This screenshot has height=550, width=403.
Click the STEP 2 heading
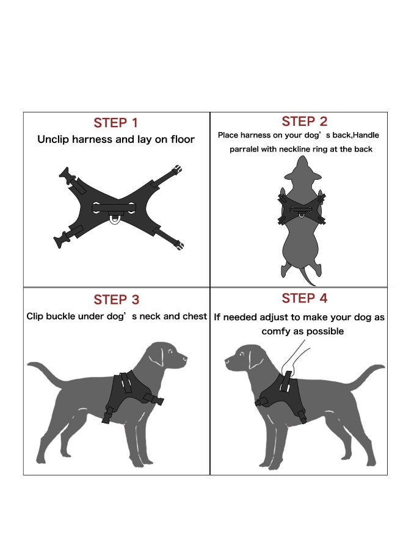click(304, 121)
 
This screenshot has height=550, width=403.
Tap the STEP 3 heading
click(116, 299)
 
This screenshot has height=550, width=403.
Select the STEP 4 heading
click(304, 298)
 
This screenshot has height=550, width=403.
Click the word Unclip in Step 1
click(54, 139)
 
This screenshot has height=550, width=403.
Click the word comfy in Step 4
click(274, 331)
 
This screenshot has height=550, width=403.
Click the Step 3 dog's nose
click(184, 362)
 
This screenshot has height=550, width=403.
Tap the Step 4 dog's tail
click(366, 373)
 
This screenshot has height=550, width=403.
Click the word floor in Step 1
click(181, 139)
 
